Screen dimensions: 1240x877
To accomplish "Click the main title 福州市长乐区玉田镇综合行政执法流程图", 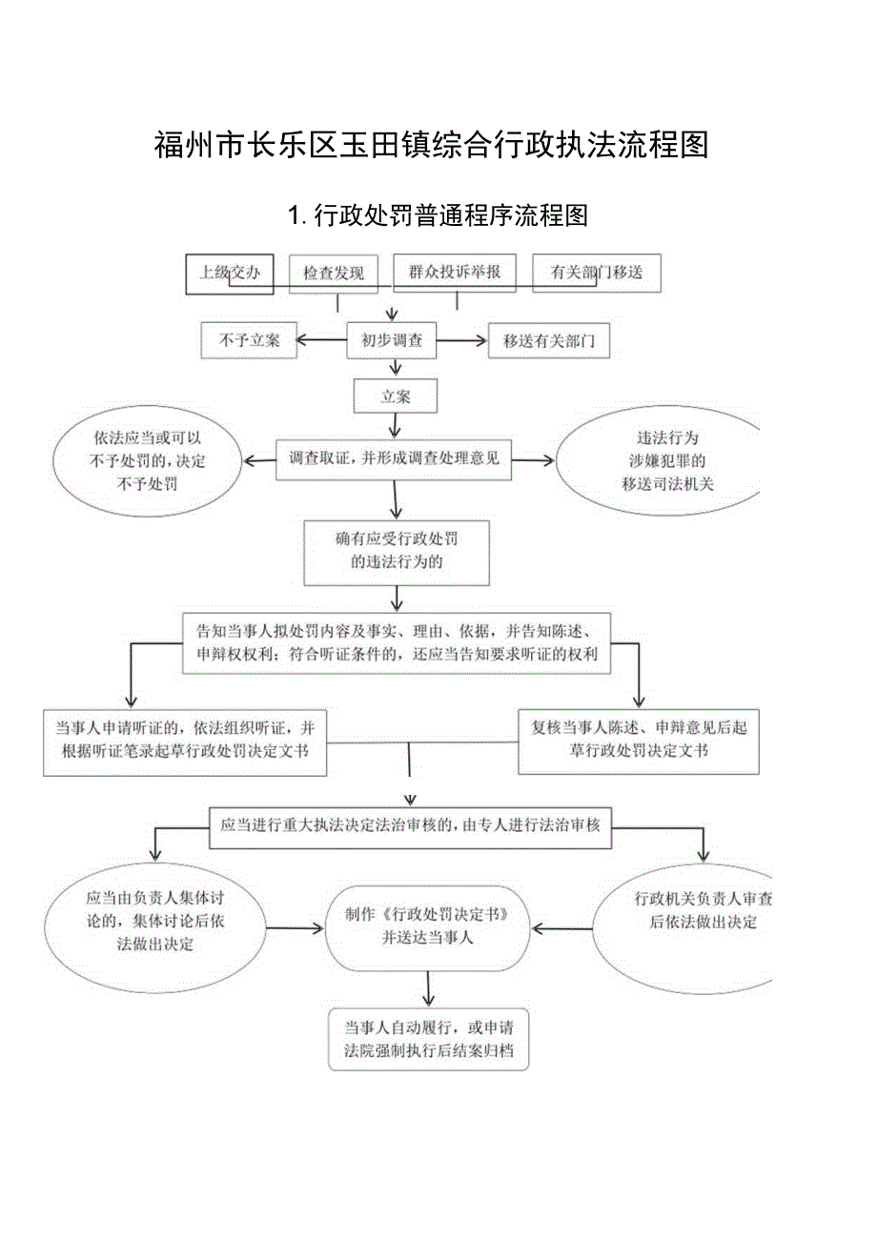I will (430, 145).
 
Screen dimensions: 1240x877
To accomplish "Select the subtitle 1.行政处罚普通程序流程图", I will (438, 215).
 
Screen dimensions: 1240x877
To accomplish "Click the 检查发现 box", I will (334, 274).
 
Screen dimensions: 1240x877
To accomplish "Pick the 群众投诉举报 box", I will (455, 272).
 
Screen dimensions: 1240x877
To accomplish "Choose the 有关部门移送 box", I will (596, 273).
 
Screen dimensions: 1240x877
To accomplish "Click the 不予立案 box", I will (249, 340).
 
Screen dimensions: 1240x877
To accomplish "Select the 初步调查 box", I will (392, 340).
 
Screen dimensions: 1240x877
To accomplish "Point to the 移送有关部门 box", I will (549, 341).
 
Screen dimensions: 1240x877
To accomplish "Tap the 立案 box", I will (396, 396).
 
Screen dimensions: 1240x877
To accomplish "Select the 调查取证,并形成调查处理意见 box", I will (394, 459).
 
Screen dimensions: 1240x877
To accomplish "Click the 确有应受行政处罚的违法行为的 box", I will (397, 551).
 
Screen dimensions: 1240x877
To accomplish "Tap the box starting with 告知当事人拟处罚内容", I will (397, 643).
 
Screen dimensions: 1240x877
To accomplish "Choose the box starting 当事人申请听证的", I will (186, 740).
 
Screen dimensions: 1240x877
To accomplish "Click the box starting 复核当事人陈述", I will (639, 740).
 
